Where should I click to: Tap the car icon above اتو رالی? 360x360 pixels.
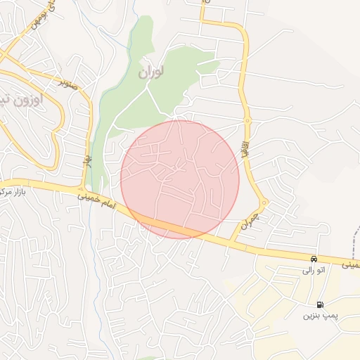pos(314,259)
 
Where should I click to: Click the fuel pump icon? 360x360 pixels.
pos(321,304)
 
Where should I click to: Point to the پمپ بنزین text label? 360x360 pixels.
pos(321,316)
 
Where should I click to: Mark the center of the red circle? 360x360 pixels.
pos(180,179)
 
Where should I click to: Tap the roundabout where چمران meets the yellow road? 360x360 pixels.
pos(264,203)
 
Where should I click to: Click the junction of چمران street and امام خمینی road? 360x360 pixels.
pos(232,243)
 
